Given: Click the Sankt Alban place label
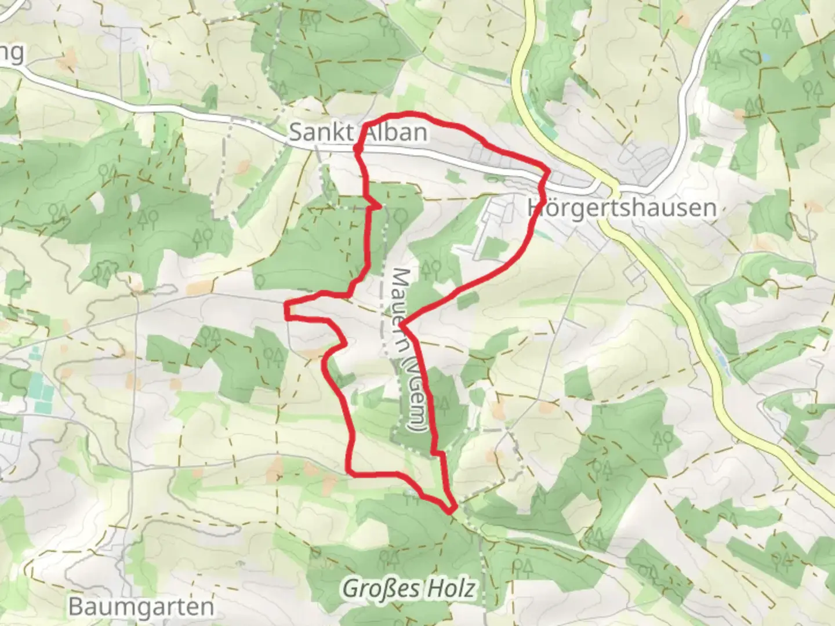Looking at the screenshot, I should click(358, 133).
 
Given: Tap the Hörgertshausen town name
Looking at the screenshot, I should click(622, 208).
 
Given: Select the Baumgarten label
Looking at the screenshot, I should click(141, 607).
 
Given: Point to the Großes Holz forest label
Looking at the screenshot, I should click(409, 589).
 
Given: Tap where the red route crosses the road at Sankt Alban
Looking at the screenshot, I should click(358, 150).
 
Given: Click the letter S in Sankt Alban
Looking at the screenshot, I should click(296, 133).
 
